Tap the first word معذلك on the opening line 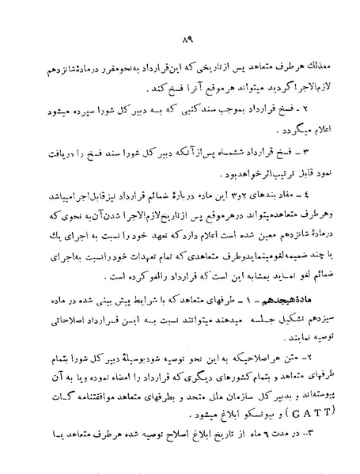pos(314,66)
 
